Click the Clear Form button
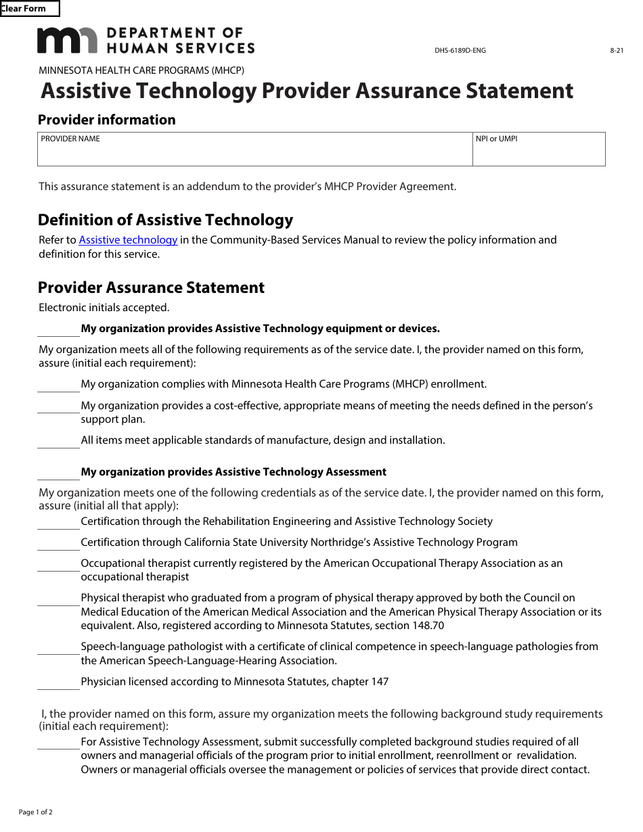click(x=29, y=9)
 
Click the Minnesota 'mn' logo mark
click(x=67, y=41)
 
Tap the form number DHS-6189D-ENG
click(x=460, y=51)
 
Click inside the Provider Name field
click(x=254, y=153)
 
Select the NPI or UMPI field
click(x=539, y=153)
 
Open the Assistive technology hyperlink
click(x=128, y=240)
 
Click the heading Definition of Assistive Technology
click(x=165, y=220)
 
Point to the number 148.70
click(x=427, y=626)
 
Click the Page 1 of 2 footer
click(x=35, y=812)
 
